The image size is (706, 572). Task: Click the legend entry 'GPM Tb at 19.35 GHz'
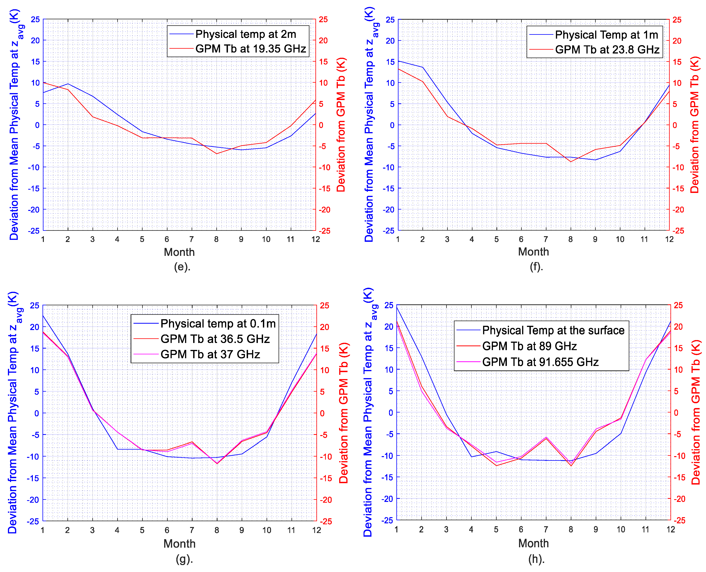pos(251,49)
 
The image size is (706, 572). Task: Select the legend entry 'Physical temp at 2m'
pos(246,34)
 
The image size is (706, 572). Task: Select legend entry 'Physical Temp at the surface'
pos(553,330)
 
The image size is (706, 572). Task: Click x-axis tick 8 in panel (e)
pos(216,239)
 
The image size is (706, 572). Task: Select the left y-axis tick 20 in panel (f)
pos(390,41)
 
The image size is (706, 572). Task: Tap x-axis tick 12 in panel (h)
pos(670,530)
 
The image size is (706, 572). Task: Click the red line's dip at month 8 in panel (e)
pos(217,154)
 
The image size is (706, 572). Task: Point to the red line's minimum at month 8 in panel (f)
pos(571,161)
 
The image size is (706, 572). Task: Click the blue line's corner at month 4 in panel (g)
pos(117,449)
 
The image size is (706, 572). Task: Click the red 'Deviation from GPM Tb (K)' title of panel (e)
pos(341,125)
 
